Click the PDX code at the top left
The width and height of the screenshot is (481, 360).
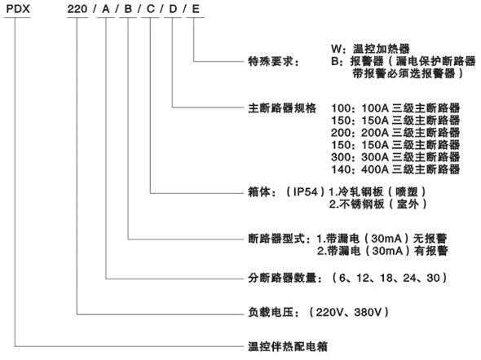pos(18,9)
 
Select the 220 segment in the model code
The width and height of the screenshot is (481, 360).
pos(77,9)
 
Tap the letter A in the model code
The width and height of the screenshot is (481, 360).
pos(106,9)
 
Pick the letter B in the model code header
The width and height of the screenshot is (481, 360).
pos(128,9)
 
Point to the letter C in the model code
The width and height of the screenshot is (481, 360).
pos(150,9)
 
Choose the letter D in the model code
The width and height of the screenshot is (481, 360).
pos(173,9)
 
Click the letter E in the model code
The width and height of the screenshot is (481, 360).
pos(196,9)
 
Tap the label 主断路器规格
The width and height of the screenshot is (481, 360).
pos(282,108)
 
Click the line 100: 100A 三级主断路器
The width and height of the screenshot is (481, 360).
pos(395,108)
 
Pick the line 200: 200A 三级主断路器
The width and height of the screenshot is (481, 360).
pos(395,133)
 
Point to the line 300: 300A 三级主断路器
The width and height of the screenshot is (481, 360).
pos(395,157)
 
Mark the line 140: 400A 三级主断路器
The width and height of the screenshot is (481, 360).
pos(395,169)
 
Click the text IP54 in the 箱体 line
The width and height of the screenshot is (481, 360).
pos(305,191)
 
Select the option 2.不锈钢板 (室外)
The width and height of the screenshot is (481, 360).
pos(378,204)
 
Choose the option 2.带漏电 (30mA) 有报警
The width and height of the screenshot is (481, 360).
pos(382,251)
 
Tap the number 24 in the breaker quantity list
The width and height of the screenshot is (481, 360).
pos(409,278)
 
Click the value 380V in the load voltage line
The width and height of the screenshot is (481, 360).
pos(368,312)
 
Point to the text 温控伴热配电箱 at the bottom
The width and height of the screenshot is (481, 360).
pos(288,346)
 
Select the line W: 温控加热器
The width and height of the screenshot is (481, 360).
pos(370,49)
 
